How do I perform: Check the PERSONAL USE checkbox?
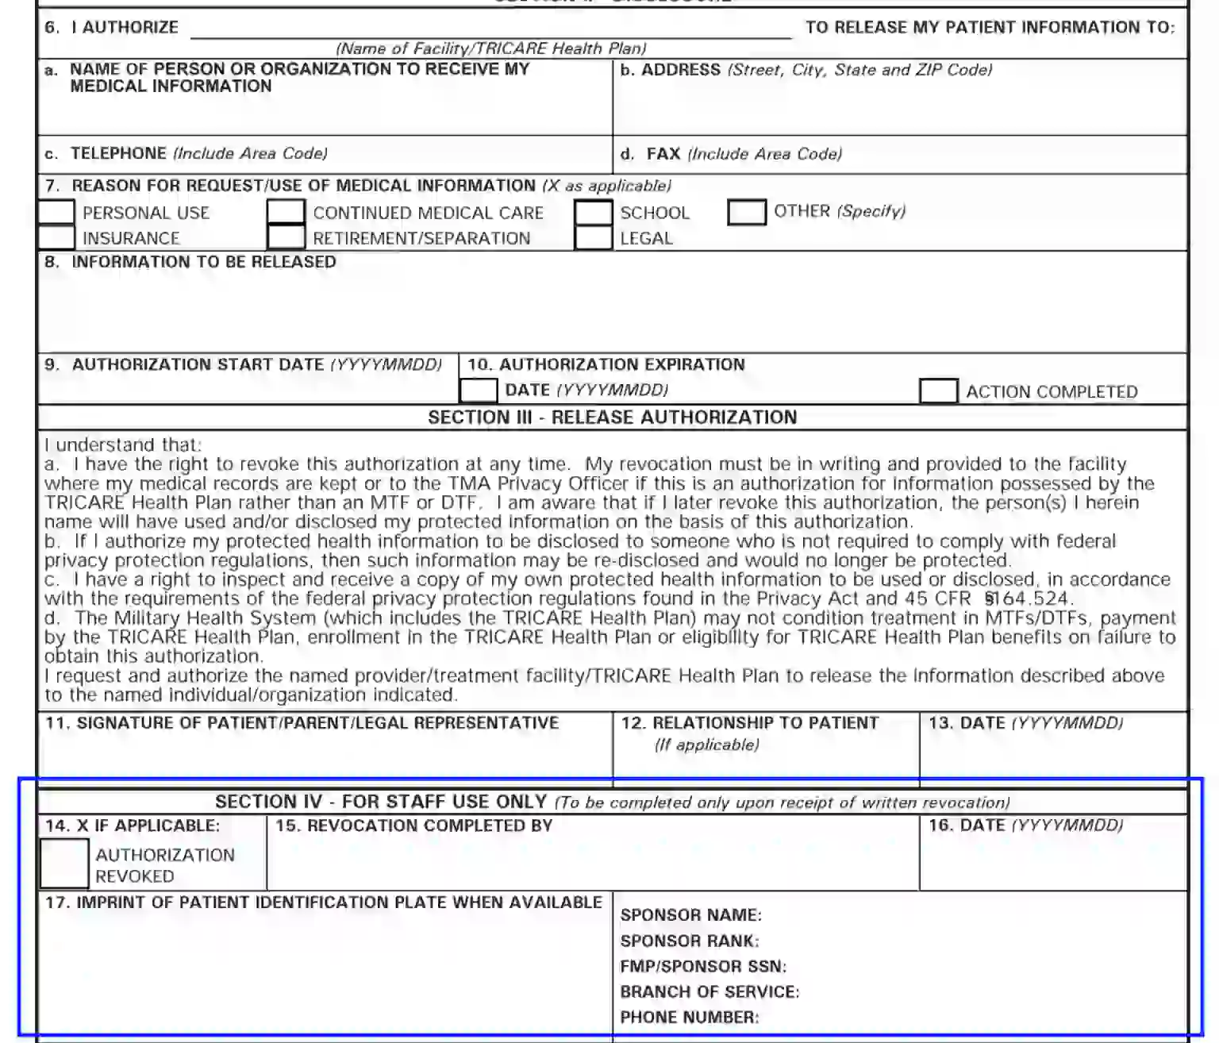point(56,213)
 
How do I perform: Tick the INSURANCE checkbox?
point(56,237)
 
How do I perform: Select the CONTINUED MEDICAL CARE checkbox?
point(286,213)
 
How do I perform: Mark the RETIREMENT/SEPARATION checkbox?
point(286,237)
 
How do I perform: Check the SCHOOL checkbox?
point(593,213)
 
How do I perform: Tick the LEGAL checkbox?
point(593,237)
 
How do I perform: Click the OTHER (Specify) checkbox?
point(746,213)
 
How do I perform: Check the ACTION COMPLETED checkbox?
point(938,391)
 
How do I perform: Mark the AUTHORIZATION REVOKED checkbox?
point(64,864)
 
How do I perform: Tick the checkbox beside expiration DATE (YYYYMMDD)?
point(479,391)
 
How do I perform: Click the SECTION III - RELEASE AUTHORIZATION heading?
point(612,418)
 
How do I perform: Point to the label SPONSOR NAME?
point(690,915)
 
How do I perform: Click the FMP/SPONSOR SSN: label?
point(702,966)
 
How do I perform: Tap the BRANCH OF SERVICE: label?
point(709,991)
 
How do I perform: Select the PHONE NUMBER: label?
point(689,1017)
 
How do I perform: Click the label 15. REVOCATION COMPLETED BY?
point(413,826)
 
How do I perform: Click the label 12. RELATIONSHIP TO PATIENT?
point(750,723)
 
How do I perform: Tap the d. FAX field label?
point(663,154)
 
